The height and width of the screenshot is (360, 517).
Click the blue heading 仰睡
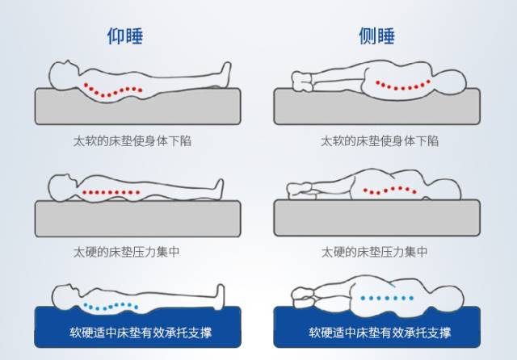(124, 36)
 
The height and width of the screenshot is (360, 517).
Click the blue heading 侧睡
(376, 36)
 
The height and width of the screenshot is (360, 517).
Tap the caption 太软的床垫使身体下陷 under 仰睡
(132, 140)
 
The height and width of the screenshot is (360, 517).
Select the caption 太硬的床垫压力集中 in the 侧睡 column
(374, 252)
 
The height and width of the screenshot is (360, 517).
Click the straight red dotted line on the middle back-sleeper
(112, 192)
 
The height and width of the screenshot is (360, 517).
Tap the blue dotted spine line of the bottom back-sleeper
(111, 306)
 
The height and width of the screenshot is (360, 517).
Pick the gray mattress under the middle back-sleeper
(137, 218)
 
